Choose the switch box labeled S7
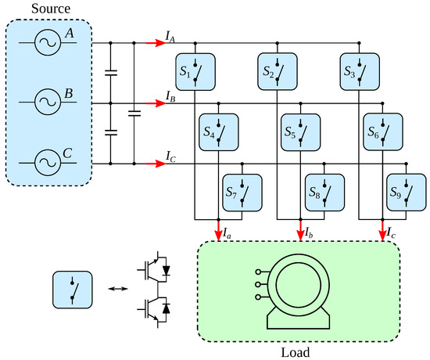(242, 190)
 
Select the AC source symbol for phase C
(46, 163)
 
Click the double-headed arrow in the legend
(117, 289)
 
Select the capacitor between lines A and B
(111, 74)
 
